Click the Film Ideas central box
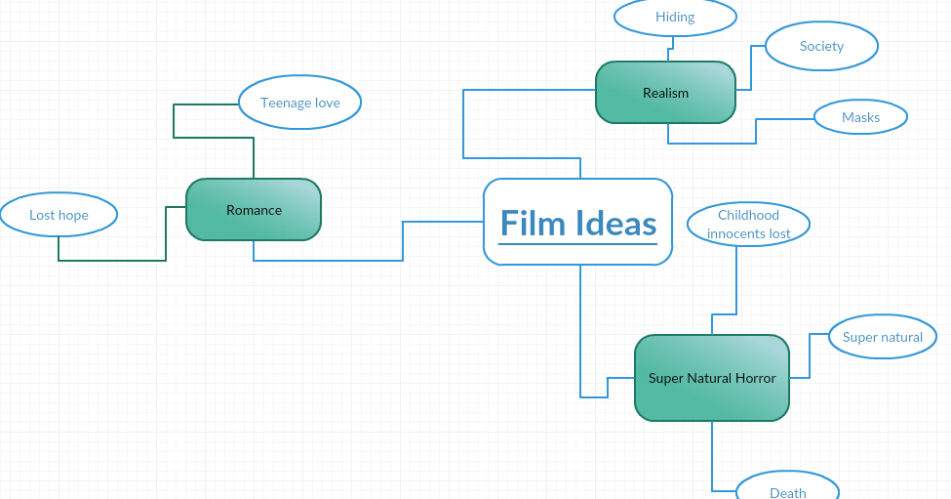(577, 221)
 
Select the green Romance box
(254, 209)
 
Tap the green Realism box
(665, 93)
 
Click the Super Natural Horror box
(712, 378)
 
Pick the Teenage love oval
(299, 103)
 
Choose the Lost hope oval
(59, 215)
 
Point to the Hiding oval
(675, 17)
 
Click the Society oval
(821, 46)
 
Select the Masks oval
(860, 117)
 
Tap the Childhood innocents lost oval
(748, 224)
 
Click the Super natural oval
(883, 338)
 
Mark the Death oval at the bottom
(787, 489)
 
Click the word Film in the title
(534, 224)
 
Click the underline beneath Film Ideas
(577, 244)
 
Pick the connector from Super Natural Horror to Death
(712, 459)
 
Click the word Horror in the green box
(756, 378)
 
